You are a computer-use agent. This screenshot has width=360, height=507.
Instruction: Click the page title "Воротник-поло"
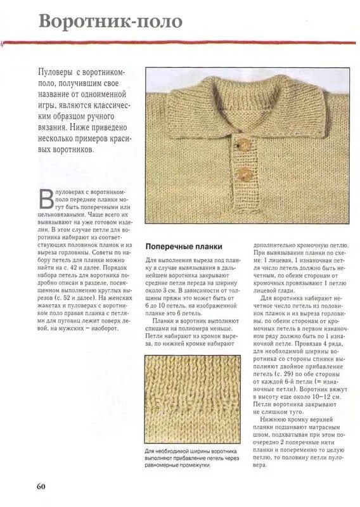(x=110, y=22)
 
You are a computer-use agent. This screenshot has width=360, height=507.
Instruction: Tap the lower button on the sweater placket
(x=242, y=173)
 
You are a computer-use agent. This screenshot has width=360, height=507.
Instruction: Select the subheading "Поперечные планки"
(x=184, y=246)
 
